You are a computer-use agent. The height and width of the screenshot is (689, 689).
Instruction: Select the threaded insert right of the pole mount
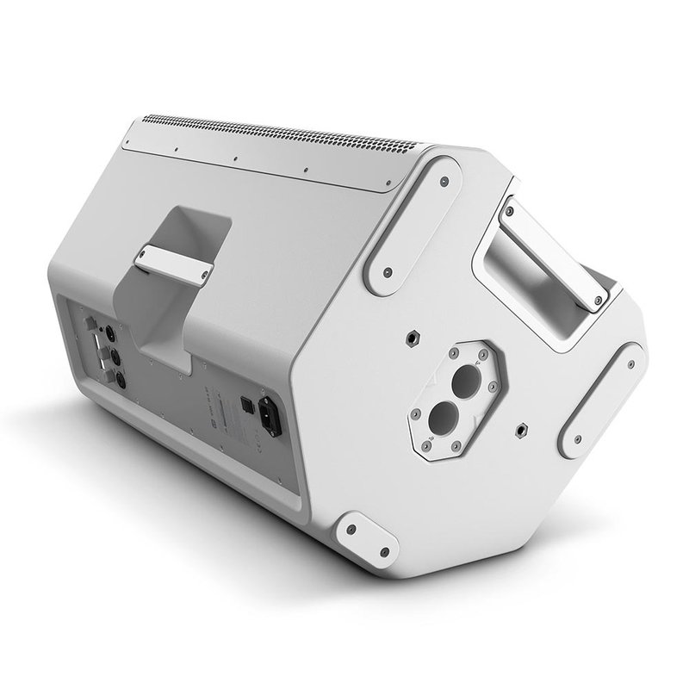(x=523, y=427)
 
